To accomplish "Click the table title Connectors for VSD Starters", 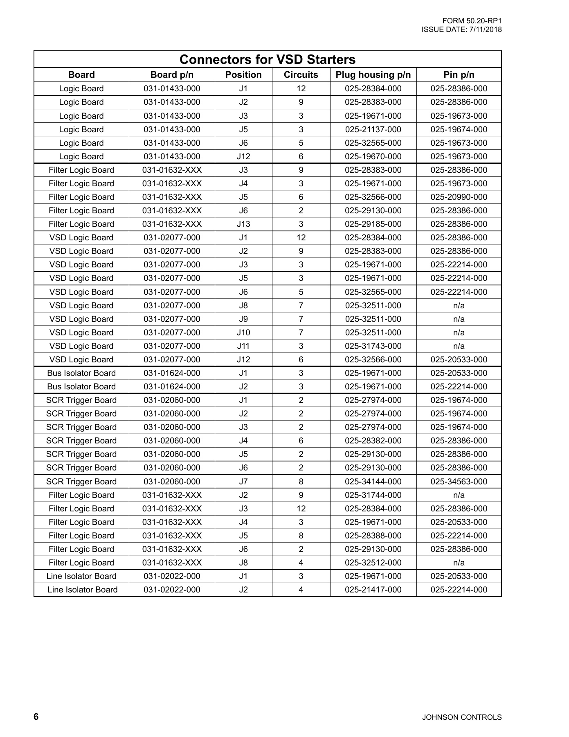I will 268,60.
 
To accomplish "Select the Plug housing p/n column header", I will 373,75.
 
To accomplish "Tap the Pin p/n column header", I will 459,75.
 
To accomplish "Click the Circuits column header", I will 301,75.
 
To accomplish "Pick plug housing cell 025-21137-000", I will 373,130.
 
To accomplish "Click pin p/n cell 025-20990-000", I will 459,197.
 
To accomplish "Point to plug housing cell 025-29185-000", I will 373,224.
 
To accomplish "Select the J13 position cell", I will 243,224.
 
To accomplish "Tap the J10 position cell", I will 243,333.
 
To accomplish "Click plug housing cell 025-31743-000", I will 373,346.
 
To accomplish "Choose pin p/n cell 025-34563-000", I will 459,482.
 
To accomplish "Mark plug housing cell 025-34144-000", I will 373,482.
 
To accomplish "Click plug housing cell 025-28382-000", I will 373,441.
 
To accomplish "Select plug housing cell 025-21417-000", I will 373,590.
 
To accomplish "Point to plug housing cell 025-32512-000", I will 373,563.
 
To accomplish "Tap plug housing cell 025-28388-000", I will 373,536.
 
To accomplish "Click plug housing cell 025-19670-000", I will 373,157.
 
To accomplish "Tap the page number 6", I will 36,717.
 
